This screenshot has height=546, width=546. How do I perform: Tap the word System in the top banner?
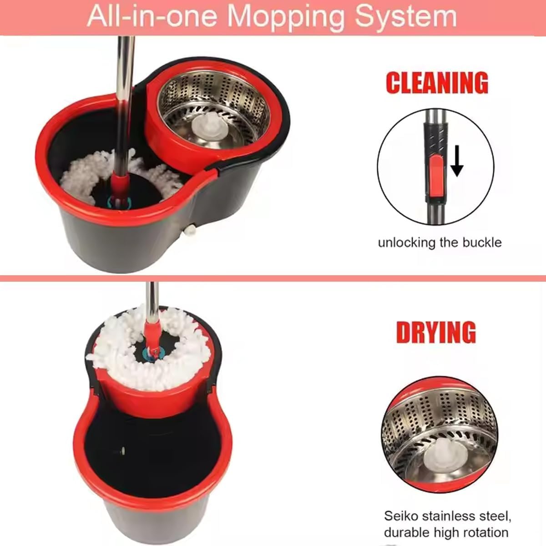tap(406, 16)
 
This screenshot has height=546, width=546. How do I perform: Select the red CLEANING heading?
tap(437, 83)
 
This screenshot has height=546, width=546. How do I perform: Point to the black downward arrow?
tap(457, 161)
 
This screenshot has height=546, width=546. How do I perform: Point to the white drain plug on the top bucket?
tap(190, 230)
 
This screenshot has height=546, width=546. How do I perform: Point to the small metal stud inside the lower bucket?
tap(123, 450)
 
